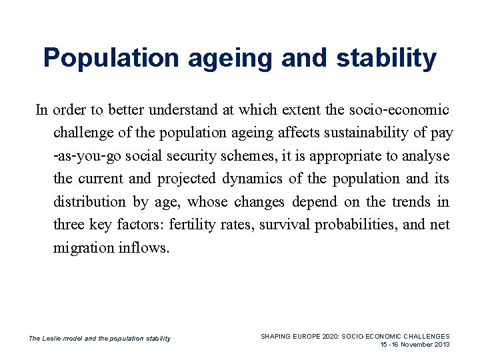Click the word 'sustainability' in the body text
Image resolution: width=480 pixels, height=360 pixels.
pyautogui.click(x=366, y=133)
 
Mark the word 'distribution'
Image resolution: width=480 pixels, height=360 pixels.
pyautogui.click(x=89, y=202)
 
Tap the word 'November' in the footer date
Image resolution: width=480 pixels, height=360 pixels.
pyautogui.click(x=417, y=345)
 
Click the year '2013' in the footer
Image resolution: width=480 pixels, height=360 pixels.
pyautogui.click(x=442, y=345)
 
